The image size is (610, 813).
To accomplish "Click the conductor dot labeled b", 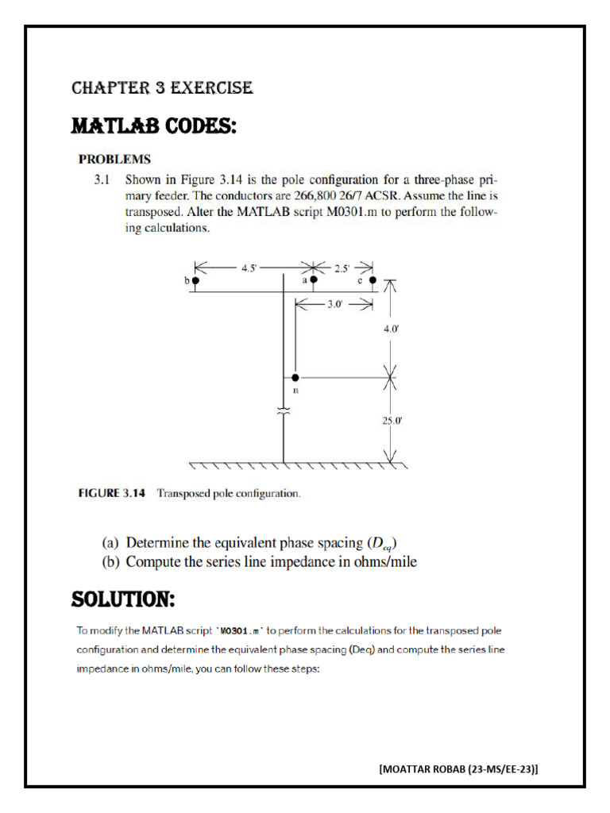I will coord(195,280).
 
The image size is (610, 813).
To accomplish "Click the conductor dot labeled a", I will coord(314,280).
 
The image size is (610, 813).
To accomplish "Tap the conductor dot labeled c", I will coord(373,280).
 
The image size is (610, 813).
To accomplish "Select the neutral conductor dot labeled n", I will coord(295,378).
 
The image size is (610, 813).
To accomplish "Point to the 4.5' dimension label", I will coord(249,268).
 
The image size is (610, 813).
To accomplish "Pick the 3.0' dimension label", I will coord(334,302).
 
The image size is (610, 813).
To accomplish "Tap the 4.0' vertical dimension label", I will coord(392,326).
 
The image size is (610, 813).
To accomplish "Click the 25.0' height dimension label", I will coord(392,421).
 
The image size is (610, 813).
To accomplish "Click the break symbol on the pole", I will coord(284,410).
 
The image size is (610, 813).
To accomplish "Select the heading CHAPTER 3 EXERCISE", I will coord(162,88).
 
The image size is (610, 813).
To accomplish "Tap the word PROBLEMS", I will coord(114,159).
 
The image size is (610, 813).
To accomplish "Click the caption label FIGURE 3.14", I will coord(111,493).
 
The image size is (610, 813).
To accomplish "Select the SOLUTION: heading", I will coord(123,597).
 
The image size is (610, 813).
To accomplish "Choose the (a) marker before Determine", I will coord(111,544).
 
